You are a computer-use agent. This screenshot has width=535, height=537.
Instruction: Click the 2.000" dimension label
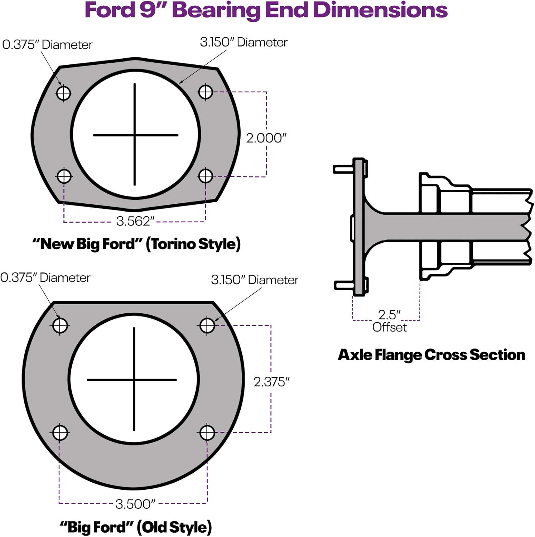[266, 138]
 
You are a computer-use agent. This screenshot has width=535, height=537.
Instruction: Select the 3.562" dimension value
[135, 221]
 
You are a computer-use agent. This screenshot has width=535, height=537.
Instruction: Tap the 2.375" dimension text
[271, 382]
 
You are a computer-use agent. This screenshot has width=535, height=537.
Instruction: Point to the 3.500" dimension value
[135, 504]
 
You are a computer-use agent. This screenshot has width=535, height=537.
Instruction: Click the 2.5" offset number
[389, 315]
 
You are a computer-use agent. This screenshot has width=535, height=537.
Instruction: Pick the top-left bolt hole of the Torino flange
[64, 93]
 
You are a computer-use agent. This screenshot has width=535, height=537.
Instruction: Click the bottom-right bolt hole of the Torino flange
[206, 176]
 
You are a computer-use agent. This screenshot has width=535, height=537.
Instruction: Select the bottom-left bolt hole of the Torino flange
[64, 176]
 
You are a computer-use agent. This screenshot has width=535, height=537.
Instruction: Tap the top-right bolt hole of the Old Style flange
[207, 325]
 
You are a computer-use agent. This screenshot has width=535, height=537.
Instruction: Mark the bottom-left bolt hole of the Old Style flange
[60, 432]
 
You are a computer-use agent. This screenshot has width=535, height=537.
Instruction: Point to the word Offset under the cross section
[389, 327]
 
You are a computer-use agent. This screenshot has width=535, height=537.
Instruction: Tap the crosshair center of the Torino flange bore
[135, 135]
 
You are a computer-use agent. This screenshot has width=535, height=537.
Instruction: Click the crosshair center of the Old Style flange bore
[134, 379]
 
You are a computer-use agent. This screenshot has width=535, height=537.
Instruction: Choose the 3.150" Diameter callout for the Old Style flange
[254, 280]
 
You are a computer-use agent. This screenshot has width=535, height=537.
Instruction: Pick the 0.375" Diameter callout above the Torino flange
[47, 45]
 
